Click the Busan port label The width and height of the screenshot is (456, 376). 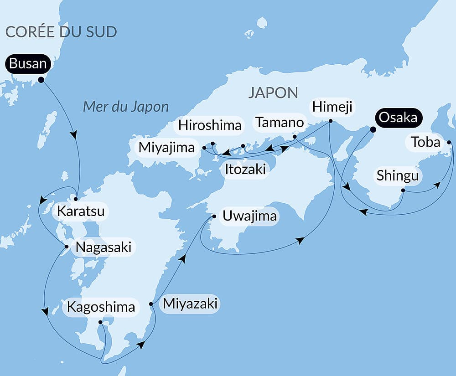click(28, 64)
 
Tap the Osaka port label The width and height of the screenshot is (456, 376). click(398, 118)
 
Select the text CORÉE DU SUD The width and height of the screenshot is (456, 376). click(61, 32)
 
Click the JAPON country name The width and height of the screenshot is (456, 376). click(273, 93)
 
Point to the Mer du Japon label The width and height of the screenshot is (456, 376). click(126, 107)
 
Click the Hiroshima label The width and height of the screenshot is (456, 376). click(210, 125)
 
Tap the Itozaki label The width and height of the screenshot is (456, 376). click(245, 170)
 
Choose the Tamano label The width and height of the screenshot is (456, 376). click(280, 122)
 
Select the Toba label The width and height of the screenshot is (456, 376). click(425, 143)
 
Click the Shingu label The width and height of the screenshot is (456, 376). click(398, 175)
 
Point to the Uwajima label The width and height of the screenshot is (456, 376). click(249, 216)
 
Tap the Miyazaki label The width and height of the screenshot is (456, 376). click(191, 303)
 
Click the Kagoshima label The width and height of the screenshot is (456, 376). click(101, 307)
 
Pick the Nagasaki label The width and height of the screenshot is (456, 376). click(104, 247)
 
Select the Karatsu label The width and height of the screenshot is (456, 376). click(81, 211)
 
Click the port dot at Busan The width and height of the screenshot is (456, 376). click(41, 80)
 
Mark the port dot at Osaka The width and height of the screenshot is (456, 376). click(372, 129)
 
